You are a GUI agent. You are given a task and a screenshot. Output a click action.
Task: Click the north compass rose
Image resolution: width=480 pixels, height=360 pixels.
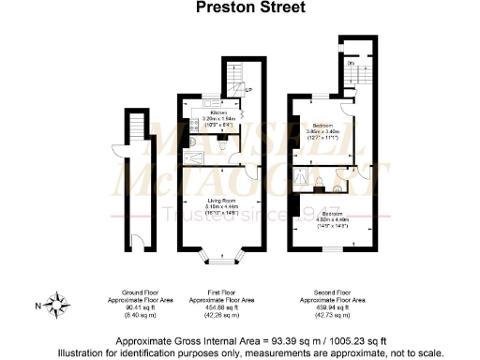pyautogui.click(x=58, y=304)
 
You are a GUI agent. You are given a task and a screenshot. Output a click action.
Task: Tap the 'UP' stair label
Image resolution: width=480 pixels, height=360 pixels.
pyautogui.click(x=247, y=90)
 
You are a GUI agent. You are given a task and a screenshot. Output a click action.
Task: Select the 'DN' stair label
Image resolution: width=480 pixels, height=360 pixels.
pyautogui.click(x=352, y=63)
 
